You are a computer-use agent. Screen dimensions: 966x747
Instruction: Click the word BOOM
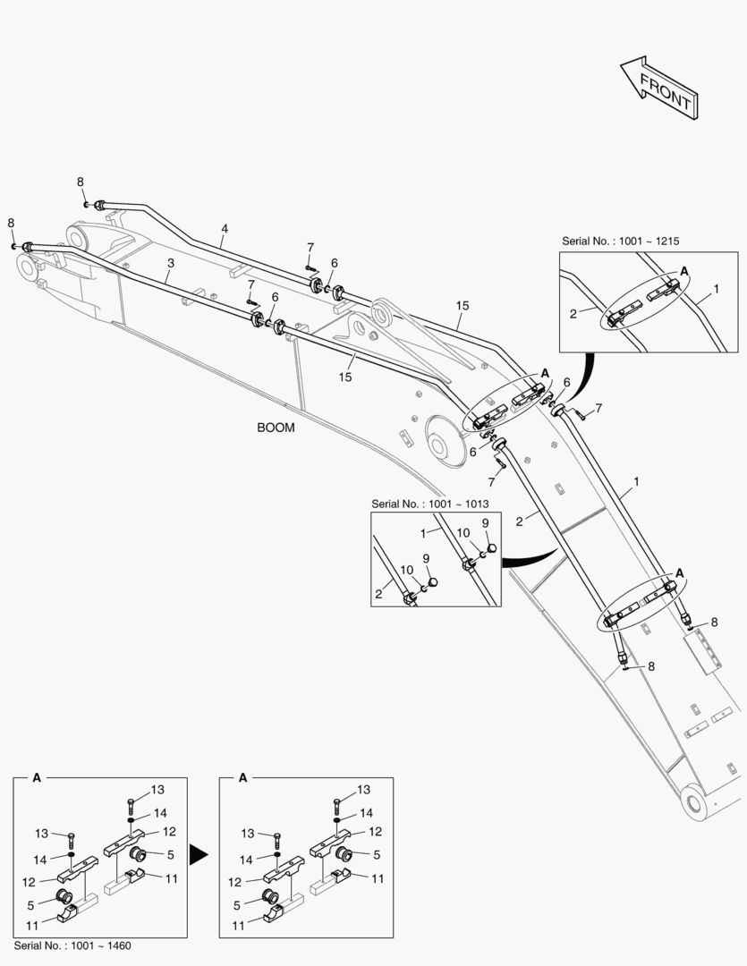tap(276, 428)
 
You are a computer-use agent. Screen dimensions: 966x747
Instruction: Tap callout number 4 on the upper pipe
tap(225, 229)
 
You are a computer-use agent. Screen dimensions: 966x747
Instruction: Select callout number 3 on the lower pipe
tap(169, 263)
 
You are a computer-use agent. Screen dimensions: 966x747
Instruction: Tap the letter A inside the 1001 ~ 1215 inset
tap(683, 270)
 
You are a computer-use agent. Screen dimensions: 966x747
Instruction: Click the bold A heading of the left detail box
tap(37, 778)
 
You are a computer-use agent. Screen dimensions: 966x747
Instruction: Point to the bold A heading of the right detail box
tap(242, 778)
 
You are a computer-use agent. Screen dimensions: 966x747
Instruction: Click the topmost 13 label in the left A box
tap(157, 790)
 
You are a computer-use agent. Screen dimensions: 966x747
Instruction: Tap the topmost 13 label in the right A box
tap(363, 790)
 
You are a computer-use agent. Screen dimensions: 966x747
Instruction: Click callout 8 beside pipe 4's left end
tap(81, 182)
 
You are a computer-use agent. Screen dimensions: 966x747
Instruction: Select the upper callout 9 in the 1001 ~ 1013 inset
tap(485, 522)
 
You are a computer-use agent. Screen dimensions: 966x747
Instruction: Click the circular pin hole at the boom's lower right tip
tap(697, 801)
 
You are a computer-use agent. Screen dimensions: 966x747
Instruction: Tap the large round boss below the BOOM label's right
tap(441, 443)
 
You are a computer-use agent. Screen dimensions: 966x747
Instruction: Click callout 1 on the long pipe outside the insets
tap(635, 481)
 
